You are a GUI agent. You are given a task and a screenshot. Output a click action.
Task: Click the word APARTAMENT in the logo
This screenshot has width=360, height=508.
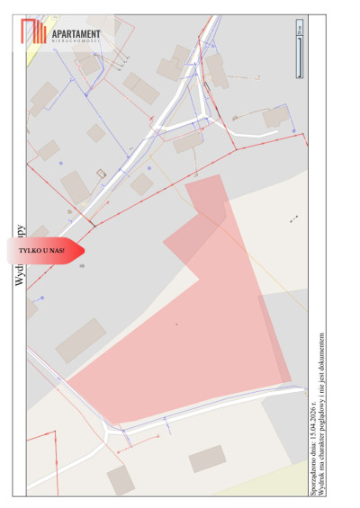click(77, 33)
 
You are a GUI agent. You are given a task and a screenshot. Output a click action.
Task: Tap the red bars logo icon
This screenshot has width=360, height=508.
click(34, 33)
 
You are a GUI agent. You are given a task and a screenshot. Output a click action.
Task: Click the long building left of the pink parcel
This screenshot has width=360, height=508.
click(81, 340)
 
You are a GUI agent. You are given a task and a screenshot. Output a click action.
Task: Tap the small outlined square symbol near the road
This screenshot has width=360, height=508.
click(102, 173)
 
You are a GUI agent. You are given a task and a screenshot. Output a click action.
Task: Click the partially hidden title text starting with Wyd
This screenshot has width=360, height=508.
click(20, 256)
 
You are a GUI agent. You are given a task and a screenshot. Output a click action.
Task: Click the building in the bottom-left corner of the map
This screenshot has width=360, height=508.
click(121, 479)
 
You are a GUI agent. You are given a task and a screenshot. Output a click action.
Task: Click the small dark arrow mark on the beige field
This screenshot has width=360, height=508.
click(293, 218)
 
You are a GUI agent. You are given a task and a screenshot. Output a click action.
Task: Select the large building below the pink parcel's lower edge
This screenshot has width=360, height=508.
click(207, 459)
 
